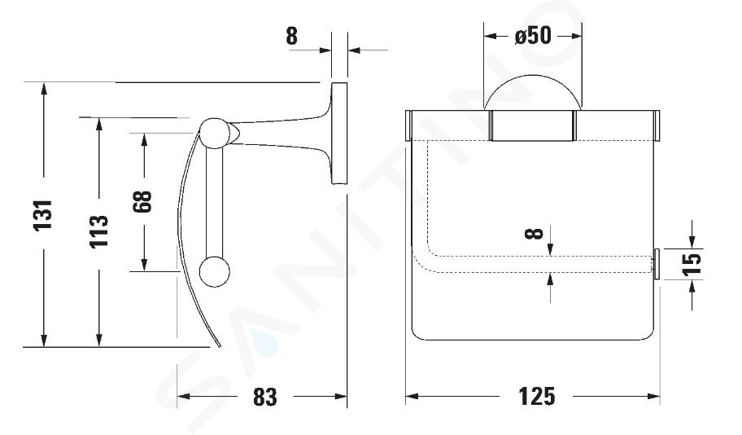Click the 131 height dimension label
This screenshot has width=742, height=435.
(x=43, y=215)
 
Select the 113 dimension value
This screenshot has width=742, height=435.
(x=99, y=231)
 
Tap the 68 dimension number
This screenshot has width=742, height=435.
(x=142, y=201)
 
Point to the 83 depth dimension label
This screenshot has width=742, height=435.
(x=264, y=397)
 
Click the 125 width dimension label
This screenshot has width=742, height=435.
(x=537, y=396)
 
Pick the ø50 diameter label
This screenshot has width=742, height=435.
(x=534, y=36)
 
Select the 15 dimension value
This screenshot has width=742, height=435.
(x=692, y=264)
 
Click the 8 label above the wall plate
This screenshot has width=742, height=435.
(x=291, y=36)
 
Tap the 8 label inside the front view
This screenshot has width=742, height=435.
(x=535, y=233)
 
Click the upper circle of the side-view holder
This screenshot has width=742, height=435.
(x=214, y=133)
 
